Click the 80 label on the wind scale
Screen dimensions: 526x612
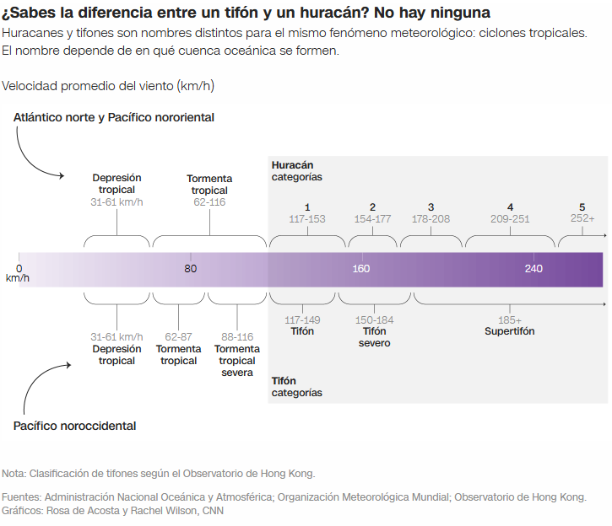[191, 269]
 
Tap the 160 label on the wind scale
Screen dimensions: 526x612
[361, 269]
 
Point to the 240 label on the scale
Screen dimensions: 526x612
[533, 269]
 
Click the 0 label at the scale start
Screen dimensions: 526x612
[19, 269]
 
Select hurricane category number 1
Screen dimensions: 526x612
[307, 207]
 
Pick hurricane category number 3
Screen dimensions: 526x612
[431, 207]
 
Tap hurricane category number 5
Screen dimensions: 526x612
[582, 207]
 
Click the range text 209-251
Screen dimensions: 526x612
[510, 219]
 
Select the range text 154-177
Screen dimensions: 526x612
[372, 219]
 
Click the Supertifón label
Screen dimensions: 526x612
[509, 331]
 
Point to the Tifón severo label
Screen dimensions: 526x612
[374, 337]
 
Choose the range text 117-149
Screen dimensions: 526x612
[302, 320]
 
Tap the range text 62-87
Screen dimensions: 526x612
[179, 337]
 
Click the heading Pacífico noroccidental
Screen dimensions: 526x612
[74, 426]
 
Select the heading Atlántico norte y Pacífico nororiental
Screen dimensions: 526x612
[114, 117]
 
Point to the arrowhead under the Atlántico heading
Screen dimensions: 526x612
[61, 176]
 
